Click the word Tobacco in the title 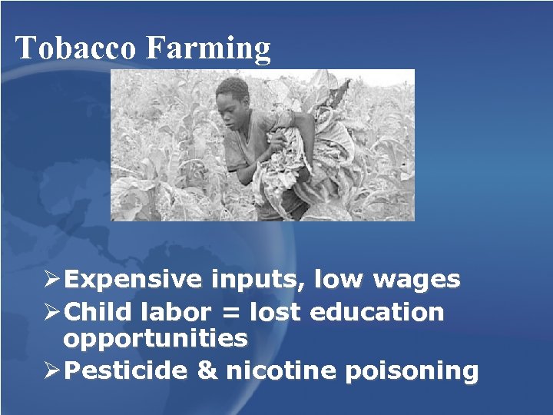pos(76,48)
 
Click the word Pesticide pos(126,371)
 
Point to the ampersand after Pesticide pos(207,371)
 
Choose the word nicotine pos(277,371)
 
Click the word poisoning pos(412,372)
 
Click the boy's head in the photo pos(233,98)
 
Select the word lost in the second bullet pos(276,313)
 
